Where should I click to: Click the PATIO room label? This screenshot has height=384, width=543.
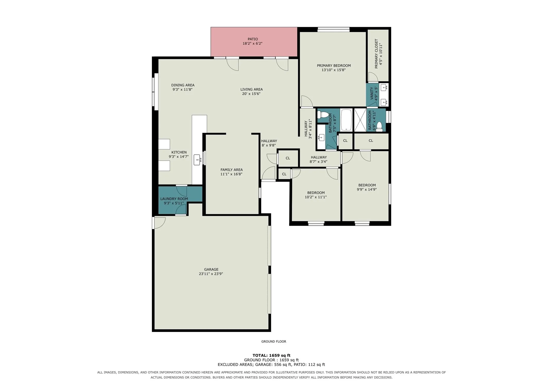253,39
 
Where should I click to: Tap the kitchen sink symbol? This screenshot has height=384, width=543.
197,160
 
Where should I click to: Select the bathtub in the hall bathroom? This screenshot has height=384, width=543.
346,120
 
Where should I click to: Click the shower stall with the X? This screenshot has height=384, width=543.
360,120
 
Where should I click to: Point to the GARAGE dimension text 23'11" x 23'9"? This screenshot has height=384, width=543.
211,274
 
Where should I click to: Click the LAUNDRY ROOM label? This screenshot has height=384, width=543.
174,199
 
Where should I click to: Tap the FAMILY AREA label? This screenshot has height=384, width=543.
231,170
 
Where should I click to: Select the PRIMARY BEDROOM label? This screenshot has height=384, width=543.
334,66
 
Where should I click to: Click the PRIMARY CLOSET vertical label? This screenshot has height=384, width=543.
376,54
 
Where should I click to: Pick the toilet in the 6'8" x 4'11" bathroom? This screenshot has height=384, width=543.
379,127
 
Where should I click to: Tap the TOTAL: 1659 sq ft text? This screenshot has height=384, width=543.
271,355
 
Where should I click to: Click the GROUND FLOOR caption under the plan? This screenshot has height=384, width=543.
274,342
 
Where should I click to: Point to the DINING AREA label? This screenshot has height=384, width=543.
183,85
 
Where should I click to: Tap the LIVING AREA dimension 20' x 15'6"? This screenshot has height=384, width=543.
251,94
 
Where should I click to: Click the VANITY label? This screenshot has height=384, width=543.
372,93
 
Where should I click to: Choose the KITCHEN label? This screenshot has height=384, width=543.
179,152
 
